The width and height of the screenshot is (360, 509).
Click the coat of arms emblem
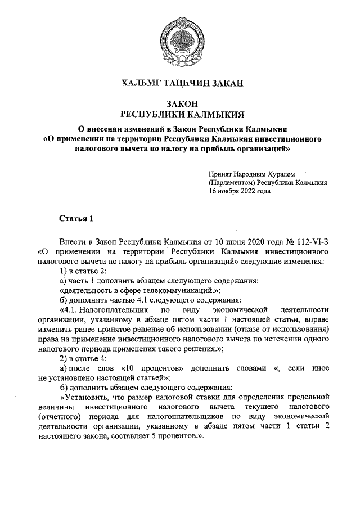(180, 38)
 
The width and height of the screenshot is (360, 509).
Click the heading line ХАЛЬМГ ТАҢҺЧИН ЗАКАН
(181, 84)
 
